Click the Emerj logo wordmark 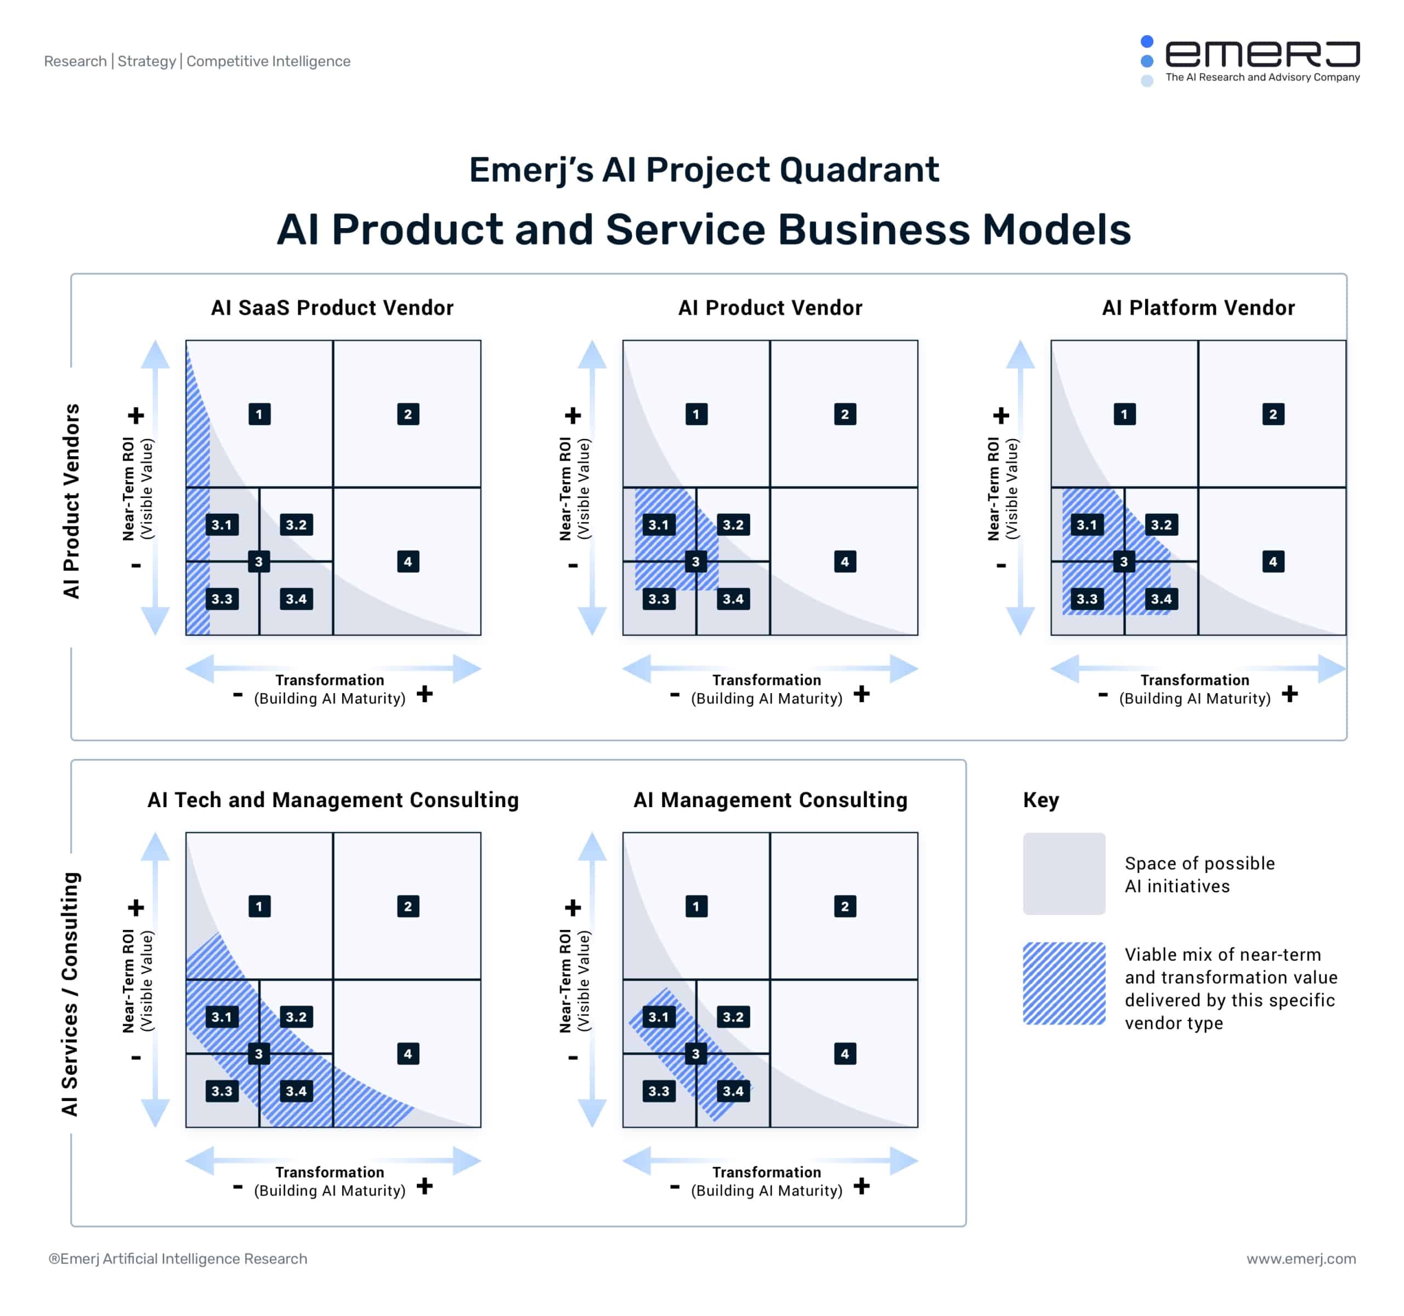pos(1262,54)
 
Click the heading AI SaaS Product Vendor pos(332,308)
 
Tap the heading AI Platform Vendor pos(1198,308)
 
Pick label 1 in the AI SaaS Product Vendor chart pos(259,415)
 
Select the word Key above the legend pos(1040,800)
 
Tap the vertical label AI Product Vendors pos(71,501)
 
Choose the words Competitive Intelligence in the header pos(268,61)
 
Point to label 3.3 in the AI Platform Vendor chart pos(1086,599)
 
